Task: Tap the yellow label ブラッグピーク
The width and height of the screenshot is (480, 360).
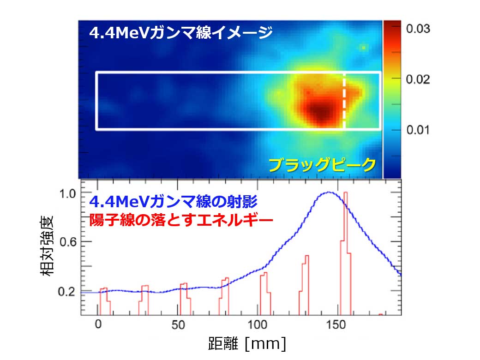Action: point(322,165)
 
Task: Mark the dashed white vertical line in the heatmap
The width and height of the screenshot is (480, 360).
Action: point(344,101)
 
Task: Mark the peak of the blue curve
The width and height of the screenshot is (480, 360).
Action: point(328,192)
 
